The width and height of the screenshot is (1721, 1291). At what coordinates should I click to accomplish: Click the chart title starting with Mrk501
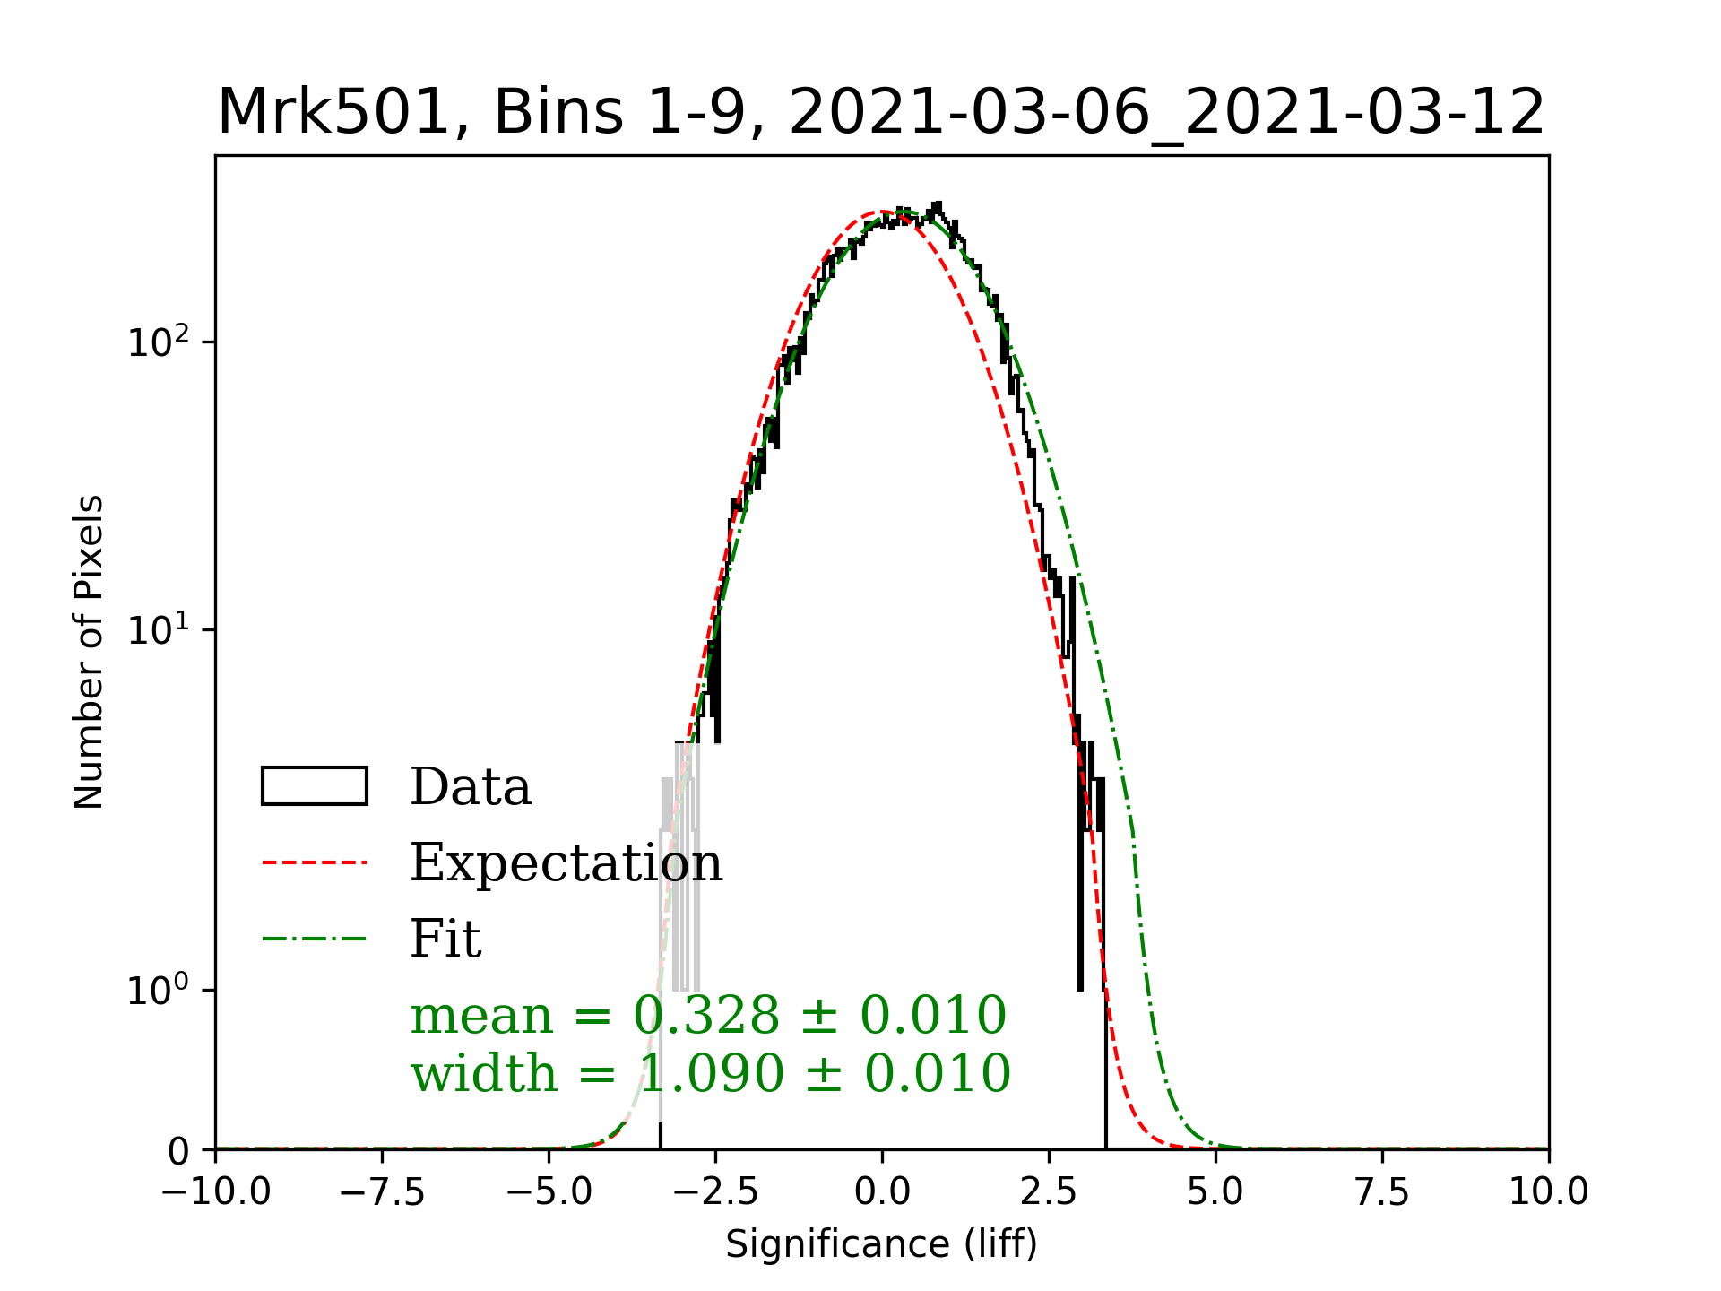tap(881, 113)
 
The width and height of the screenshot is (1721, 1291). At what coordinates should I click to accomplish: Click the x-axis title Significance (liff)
tap(881, 1244)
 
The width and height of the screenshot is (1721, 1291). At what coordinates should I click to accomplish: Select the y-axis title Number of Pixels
tap(89, 652)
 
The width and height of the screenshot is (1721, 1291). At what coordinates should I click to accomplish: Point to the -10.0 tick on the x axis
tap(216, 1191)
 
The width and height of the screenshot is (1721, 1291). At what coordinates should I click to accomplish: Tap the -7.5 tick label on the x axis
tap(383, 1191)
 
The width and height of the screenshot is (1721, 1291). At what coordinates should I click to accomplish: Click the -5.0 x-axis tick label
tap(549, 1191)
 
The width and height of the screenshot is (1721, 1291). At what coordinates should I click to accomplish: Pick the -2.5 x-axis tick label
tap(716, 1191)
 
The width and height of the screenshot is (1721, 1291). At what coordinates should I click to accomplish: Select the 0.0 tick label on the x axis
tap(882, 1191)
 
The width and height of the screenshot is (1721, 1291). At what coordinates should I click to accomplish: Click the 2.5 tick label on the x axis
tap(1049, 1191)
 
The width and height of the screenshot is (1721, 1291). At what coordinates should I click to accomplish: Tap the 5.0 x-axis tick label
tap(1215, 1191)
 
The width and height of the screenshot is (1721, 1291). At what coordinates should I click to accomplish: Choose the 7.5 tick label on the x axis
tap(1382, 1191)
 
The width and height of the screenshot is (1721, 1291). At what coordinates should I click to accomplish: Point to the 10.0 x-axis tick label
tap(1548, 1191)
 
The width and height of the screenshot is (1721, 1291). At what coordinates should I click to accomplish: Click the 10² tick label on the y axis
tap(159, 342)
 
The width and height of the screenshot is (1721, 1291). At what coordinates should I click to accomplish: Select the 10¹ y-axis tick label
tap(159, 630)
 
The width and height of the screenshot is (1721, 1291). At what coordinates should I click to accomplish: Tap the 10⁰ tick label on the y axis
tap(159, 991)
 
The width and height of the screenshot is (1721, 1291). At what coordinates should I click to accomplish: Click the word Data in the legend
tap(471, 787)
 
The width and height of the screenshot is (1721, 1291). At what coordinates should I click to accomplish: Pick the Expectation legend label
tap(566, 862)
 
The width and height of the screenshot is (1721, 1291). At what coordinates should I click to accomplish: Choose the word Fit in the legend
tap(445, 939)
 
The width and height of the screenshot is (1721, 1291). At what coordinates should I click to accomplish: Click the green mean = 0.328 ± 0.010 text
tap(708, 1016)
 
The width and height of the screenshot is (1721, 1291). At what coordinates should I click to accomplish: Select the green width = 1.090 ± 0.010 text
tap(710, 1073)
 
